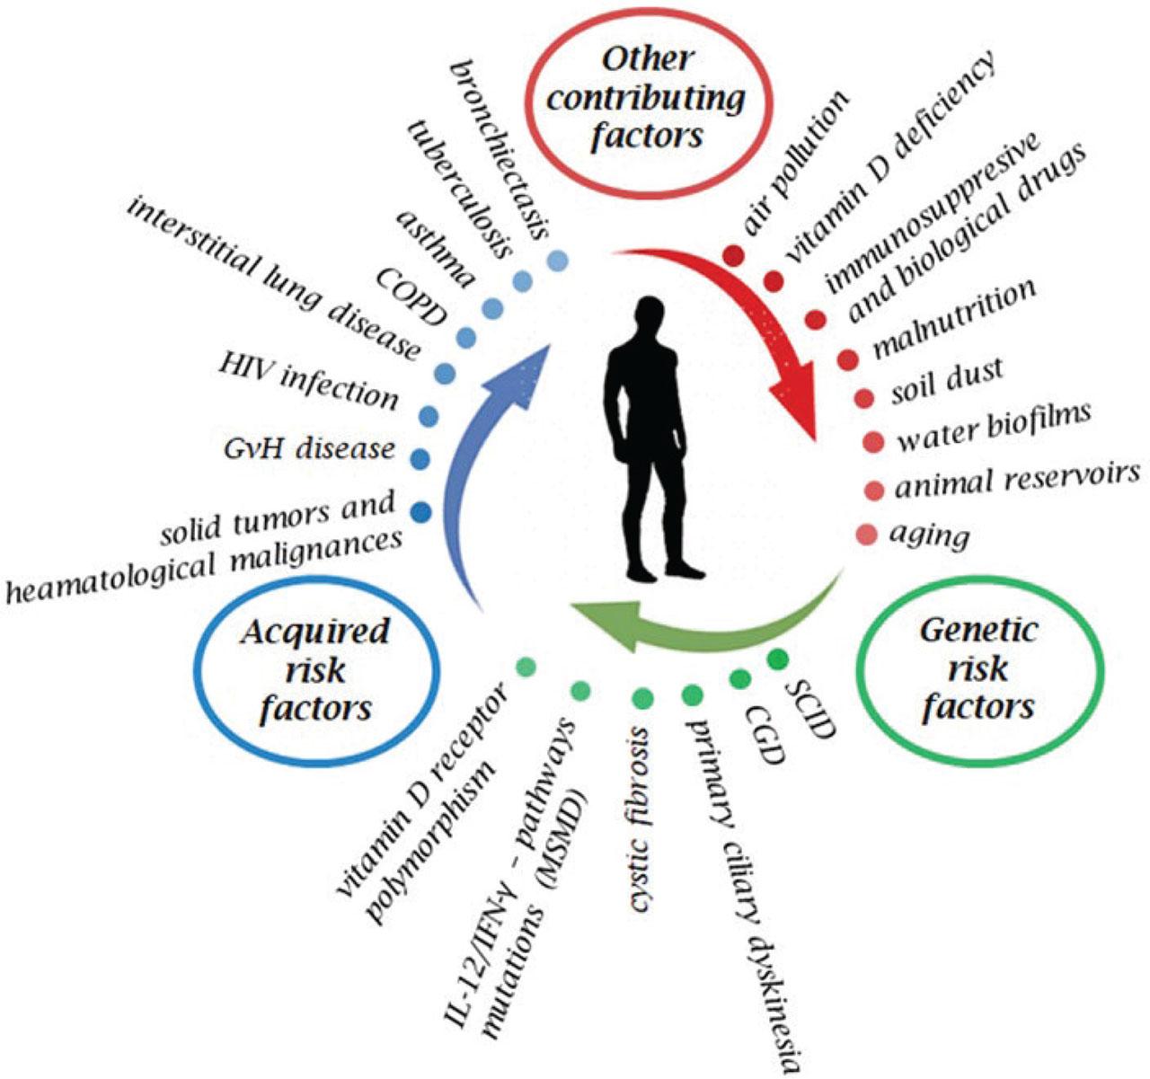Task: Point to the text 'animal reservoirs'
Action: tap(1016, 482)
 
